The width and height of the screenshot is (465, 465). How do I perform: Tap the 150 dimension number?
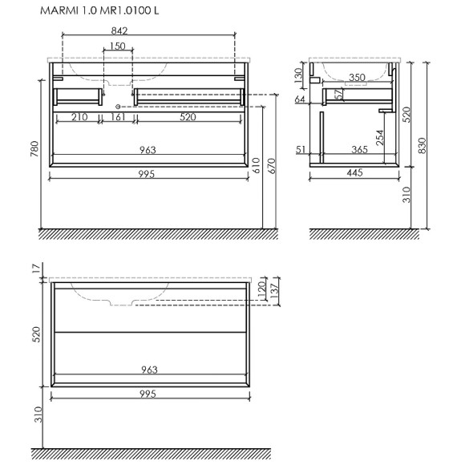click(118, 47)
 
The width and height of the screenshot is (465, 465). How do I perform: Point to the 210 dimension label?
click(79, 118)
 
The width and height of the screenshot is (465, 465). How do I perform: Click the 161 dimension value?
click(118, 118)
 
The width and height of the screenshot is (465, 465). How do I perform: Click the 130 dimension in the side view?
click(297, 76)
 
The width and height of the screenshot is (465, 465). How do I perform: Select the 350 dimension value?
click(358, 78)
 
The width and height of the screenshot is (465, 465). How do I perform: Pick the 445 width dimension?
click(355, 173)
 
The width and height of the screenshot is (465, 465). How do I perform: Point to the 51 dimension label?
click(301, 149)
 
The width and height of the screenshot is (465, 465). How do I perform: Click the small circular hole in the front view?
click(118, 106)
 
